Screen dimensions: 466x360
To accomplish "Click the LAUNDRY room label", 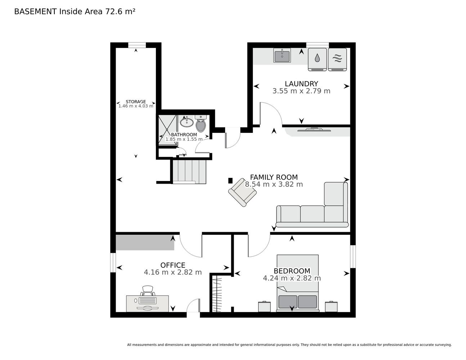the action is pos(301,84).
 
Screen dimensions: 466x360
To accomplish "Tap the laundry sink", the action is pos(282,55).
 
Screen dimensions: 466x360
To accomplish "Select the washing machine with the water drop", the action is pos(317,59).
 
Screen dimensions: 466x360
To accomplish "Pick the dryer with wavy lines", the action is pos(337,59).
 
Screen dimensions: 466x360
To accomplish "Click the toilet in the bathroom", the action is pos(201,123).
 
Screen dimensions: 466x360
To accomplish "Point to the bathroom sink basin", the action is pos(187,122).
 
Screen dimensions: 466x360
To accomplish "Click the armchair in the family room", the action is pos(242,193).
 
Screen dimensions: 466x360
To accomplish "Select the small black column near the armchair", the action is pos(230,181).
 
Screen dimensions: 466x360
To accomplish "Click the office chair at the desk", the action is pos(148,291).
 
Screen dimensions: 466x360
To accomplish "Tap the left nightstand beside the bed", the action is pos(264,306).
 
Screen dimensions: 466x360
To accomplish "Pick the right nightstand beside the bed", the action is pos(331,306).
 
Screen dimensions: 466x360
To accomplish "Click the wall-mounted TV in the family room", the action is pos(314,130).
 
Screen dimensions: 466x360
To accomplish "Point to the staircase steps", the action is pos(189,172).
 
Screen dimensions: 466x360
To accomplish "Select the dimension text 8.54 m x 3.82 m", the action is pos(274,184).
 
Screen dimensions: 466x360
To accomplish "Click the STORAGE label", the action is pos(136,102).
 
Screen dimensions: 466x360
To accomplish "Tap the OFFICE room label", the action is pos(173,265).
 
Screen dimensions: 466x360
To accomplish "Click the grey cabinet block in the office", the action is pos(145,243).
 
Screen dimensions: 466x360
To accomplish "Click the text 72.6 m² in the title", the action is pos(120,12).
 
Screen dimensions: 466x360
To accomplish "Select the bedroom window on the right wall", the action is pos(353,256).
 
